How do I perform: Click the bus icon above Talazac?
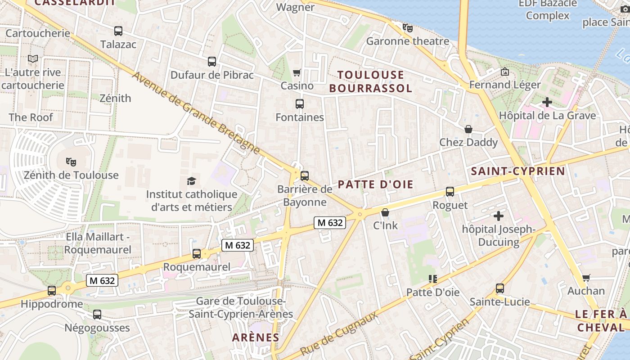tap(118, 31)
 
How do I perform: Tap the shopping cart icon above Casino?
tap(297, 72)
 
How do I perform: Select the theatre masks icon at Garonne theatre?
tap(408, 28)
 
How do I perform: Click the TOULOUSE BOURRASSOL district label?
tap(370, 81)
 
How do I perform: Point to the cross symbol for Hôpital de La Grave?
tap(547, 102)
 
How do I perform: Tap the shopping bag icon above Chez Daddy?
tap(468, 129)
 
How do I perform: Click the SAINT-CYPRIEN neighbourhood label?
tap(517, 171)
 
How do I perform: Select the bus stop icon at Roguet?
tap(450, 192)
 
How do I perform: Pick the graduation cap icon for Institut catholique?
tap(192, 181)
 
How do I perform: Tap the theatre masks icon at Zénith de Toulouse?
tap(71, 162)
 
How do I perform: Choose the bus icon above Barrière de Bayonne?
tap(305, 175)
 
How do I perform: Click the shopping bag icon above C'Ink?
tap(385, 212)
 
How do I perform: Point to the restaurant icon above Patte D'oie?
tap(433, 279)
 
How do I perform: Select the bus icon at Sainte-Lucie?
tap(499, 288)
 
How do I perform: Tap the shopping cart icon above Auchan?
tap(586, 278)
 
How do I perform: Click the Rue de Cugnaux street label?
tap(338, 333)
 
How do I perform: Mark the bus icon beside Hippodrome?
tap(52, 291)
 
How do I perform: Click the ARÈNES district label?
tap(256, 337)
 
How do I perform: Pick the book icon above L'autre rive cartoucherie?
tap(33, 58)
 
